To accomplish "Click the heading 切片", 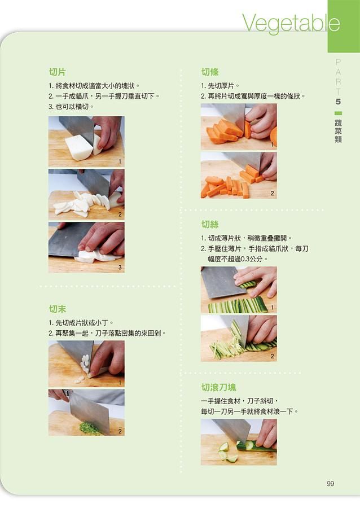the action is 58,72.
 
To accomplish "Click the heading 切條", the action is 210,72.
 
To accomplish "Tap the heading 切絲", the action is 210,224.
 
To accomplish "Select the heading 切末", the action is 58,309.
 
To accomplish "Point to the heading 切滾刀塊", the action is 218,387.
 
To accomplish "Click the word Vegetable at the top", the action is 291,23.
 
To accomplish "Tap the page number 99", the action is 330,484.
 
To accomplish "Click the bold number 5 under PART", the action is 338,102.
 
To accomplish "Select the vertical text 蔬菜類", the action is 338,131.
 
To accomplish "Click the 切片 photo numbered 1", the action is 86,142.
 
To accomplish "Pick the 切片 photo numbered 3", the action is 86,248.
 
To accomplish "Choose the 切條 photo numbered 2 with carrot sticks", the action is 239,176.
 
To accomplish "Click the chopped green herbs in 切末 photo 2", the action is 90,428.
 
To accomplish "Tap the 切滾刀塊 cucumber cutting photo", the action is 239,442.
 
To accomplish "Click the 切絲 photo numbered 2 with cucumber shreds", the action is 239,339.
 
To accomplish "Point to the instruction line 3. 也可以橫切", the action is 71,107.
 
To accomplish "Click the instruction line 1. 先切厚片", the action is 220,86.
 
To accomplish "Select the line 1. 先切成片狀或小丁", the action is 81,323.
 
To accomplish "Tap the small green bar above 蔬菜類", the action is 338,113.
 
